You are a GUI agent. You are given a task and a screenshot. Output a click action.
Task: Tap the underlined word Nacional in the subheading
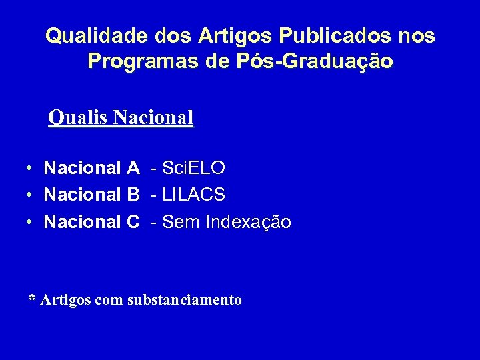tap(153, 118)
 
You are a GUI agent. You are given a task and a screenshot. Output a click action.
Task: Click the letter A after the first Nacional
tap(133, 168)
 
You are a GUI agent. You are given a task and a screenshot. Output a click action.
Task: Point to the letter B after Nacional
tap(133, 195)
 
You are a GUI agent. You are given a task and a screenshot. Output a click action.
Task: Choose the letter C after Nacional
tap(133, 221)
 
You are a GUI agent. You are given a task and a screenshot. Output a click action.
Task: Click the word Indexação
tap(248, 221)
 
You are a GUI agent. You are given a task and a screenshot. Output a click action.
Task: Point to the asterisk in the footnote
tap(32, 298)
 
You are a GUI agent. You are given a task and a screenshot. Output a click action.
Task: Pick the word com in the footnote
tap(109, 301)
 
